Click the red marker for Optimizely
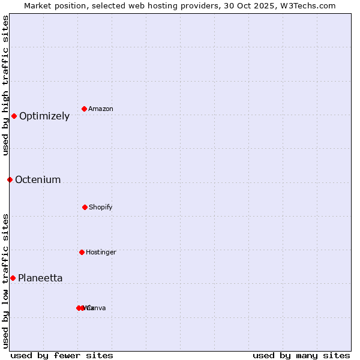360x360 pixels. (x=14, y=116)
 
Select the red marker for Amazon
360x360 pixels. (x=85, y=109)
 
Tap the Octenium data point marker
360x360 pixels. (x=10, y=179)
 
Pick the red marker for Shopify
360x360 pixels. (x=85, y=207)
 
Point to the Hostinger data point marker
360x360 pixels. (x=82, y=252)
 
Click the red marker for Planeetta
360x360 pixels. (x=13, y=278)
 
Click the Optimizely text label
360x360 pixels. (x=44, y=116)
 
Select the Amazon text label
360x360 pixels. (x=101, y=109)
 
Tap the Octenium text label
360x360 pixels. (x=38, y=180)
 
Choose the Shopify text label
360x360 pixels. (x=101, y=208)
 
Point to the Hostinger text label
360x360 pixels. (x=101, y=253)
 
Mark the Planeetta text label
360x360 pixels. (x=40, y=278)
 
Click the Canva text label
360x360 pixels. (x=97, y=308)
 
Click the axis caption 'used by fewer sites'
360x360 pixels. (x=62, y=355)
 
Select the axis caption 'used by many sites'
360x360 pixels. (x=301, y=355)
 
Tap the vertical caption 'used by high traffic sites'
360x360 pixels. (x=5, y=85)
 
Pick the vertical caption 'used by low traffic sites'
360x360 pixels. (x=5, y=281)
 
